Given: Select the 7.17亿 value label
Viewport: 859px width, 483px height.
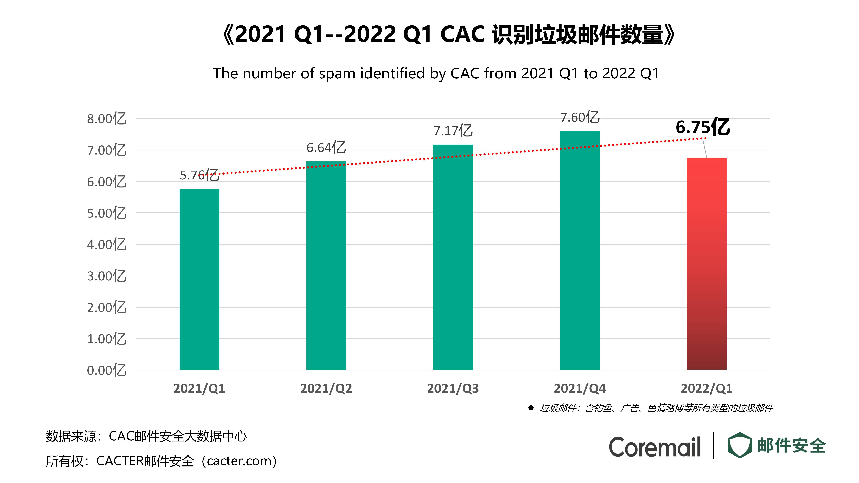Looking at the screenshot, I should (x=453, y=131).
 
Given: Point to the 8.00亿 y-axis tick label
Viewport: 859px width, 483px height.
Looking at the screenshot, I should (x=107, y=119).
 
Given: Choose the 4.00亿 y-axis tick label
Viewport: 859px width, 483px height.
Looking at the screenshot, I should (x=107, y=245).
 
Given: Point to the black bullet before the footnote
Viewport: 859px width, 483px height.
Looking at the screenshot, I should (x=531, y=408).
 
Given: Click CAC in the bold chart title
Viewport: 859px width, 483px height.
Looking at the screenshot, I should (x=462, y=34).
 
